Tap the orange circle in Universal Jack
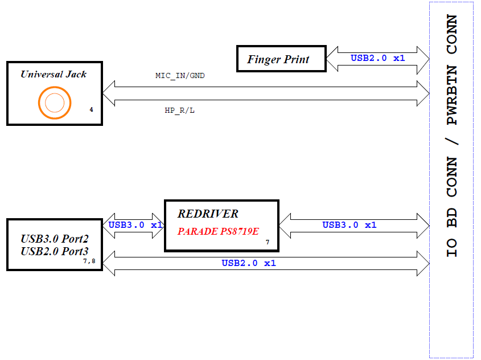(55, 103)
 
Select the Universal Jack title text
(54, 74)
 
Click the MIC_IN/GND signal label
(180, 75)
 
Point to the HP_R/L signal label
(179, 111)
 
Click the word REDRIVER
(208, 214)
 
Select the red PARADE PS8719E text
(218, 231)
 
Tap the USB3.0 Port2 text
(55, 239)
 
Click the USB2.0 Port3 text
(55, 251)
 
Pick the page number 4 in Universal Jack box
(91, 109)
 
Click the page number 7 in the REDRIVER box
(268, 243)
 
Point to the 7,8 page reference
(89, 261)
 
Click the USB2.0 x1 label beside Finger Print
(378, 58)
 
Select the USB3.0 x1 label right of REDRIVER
(350, 225)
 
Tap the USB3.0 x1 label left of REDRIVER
(135, 225)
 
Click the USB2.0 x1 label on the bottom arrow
(249, 263)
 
